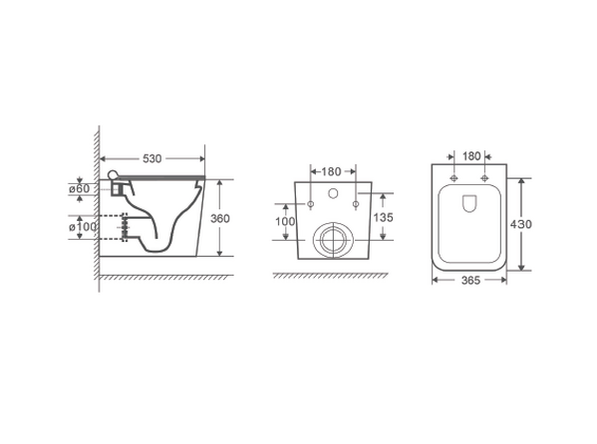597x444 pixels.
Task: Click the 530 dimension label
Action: [x=151, y=158]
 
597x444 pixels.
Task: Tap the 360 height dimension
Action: [x=220, y=218]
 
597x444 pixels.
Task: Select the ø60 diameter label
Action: [x=79, y=188]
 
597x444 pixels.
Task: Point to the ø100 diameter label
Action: [x=83, y=227]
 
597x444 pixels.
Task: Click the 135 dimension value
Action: [x=383, y=217]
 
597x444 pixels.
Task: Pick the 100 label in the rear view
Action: [x=285, y=221]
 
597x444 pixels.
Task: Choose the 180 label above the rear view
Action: [x=331, y=171]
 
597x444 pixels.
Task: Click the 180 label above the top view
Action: [x=471, y=156]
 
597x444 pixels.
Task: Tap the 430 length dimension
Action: [x=521, y=224]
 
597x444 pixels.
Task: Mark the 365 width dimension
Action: [x=470, y=281]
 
